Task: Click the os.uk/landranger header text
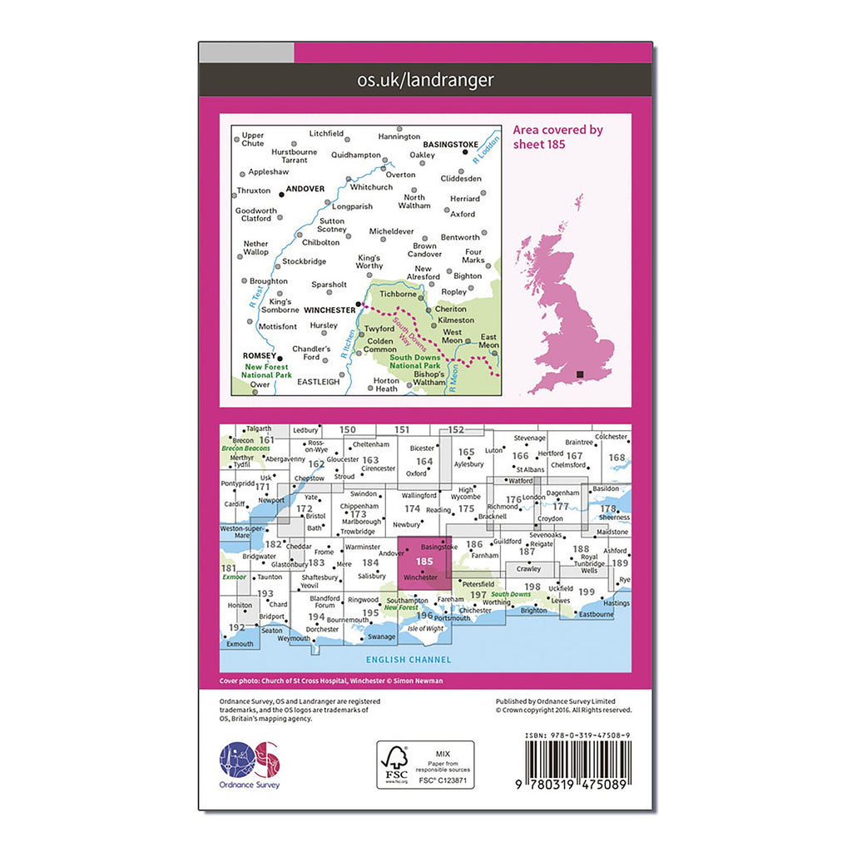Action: point(425,80)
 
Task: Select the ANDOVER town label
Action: point(305,189)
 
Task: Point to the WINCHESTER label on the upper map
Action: point(329,310)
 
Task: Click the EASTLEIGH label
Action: point(318,382)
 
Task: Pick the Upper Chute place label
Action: point(252,139)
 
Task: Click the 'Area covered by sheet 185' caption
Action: point(557,136)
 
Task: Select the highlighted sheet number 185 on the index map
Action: point(424,562)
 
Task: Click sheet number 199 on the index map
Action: point(587,592)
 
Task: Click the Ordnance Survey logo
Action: point(250,764)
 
